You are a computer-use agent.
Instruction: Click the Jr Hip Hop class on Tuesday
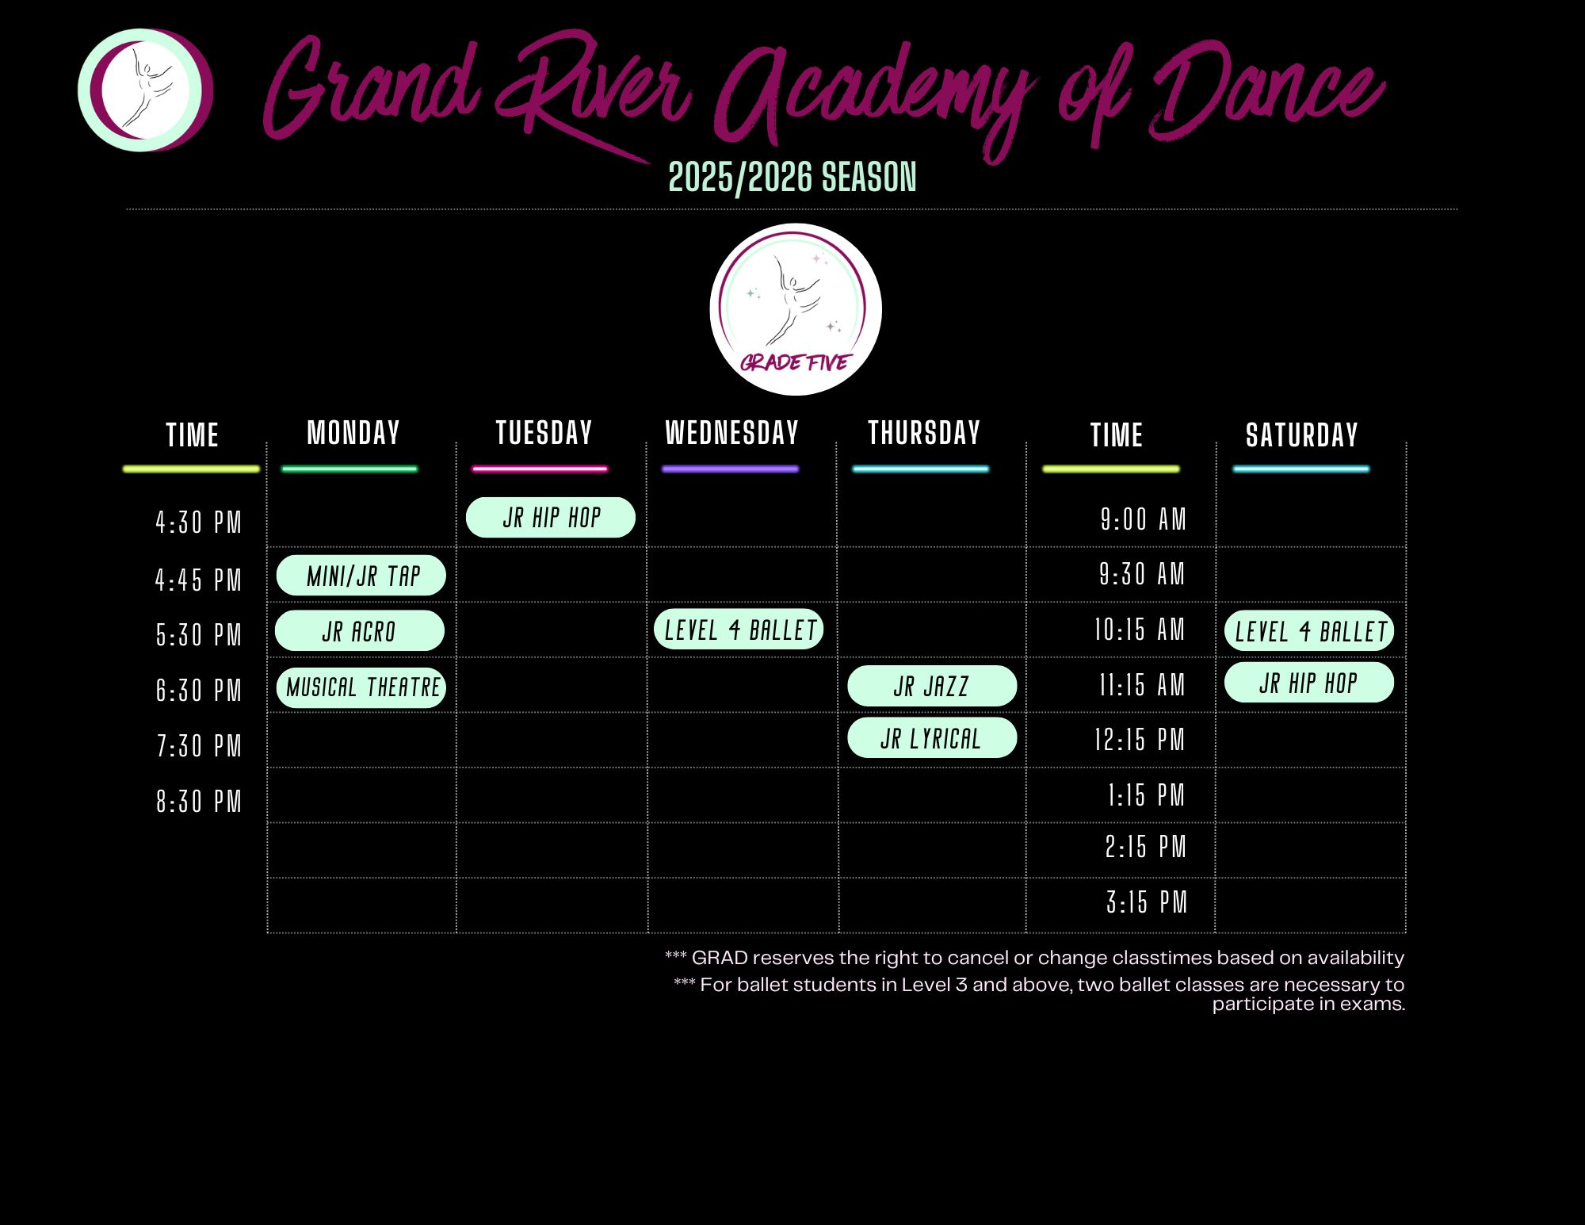click(551, 518)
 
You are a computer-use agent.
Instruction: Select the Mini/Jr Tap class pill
click(361, 576)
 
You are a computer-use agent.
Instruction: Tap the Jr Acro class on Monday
click(360, 630)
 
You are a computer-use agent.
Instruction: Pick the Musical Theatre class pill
click(361, 687)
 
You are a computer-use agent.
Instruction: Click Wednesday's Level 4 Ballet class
click(739, 630)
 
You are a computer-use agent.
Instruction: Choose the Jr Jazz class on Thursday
click(932, 685)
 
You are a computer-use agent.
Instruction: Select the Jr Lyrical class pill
click(932, 738)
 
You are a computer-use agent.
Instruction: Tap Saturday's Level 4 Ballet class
click(1309, 631)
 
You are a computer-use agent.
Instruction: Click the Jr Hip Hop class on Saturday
click(1309, 682)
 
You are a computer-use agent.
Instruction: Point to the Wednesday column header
click(732, 433)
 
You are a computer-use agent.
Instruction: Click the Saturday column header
click(1302, 435)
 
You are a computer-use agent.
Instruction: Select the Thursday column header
click(924, 433)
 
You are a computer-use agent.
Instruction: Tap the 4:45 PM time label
click(198, 580)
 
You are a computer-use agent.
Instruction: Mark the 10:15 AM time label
click(1140, 630)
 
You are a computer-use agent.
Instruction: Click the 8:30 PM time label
click(198, 802)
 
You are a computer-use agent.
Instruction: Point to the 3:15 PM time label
click(1147, 902)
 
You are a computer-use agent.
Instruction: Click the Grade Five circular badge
click(796, 309)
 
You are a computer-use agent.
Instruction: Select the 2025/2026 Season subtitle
click(792, 177)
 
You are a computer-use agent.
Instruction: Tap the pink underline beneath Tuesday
click(540, 469)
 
